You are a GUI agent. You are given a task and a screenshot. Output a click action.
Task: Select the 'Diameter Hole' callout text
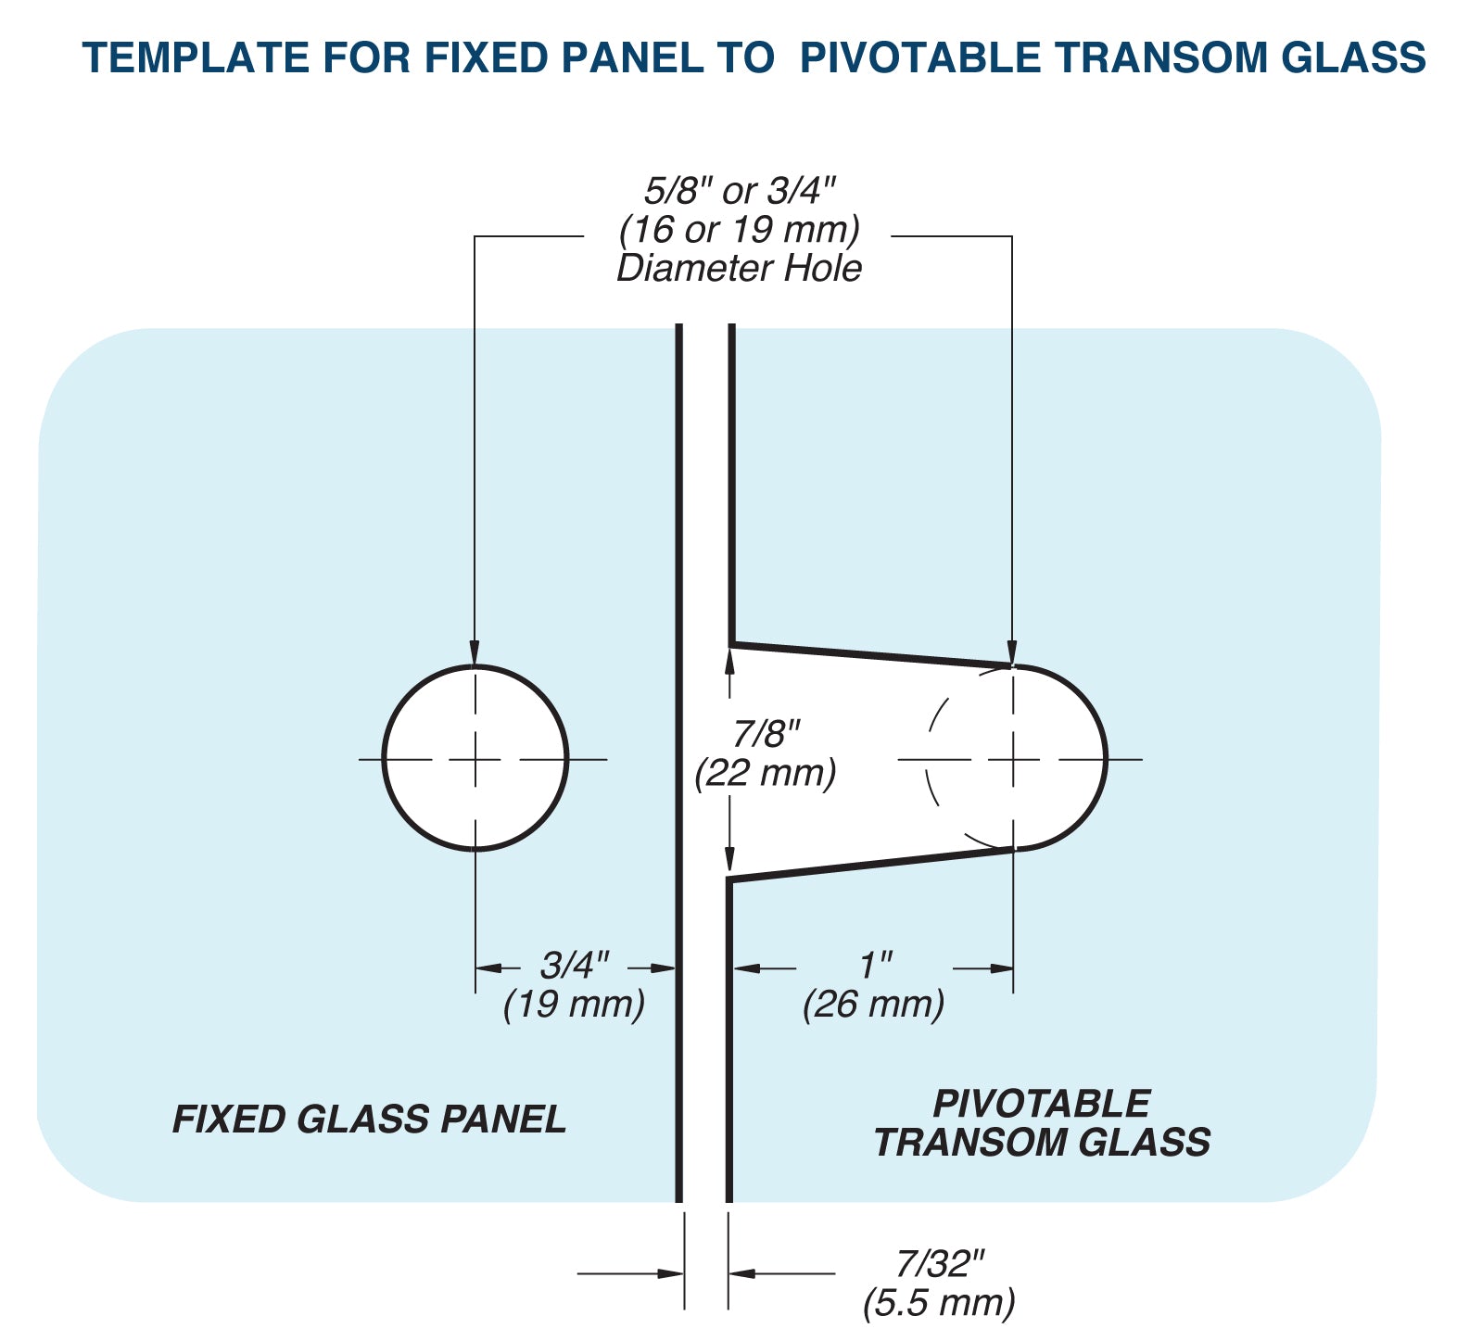pyautogui.click(x=739, y=269)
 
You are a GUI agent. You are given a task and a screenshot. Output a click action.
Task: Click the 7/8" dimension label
pyautogui.click(x=766, y=734)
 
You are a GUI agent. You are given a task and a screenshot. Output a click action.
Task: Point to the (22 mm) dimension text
pyautogui.click(x=766, y=772)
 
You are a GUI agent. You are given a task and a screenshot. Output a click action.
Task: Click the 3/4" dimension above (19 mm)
pyautogui.click(x=575, y=966)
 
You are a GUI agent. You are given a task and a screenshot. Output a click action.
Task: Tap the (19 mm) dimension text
pyautogui.click(x=574, y=1004)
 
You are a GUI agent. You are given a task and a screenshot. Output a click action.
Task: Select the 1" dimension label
pyautogui.click(x=874, y=966)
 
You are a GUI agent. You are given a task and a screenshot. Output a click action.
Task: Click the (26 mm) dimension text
pyautogui.click(x=873, y=1004)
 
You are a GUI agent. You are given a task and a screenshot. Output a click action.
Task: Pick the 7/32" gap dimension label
pyautogui.click(x=939, y=1263)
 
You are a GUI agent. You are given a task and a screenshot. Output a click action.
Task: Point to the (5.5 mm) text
pyautogui.click(x=939, y=1302)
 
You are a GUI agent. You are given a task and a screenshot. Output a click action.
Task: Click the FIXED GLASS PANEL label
pyautogui.click(x=369, y=1120)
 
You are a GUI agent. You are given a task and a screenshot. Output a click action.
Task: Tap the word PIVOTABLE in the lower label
pyautogui.click(x=1041, y=1104)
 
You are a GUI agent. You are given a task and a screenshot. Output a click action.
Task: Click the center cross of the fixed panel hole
pyautogui.click(x=475, y=759)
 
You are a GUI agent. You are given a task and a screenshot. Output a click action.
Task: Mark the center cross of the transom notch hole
pyautogui.click(x=1013, y=759)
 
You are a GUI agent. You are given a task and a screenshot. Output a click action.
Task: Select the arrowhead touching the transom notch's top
pyautogui.click(x=1013, y=653)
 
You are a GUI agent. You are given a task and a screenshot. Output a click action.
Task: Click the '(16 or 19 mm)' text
pyautogui.click(x=739, y=229)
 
